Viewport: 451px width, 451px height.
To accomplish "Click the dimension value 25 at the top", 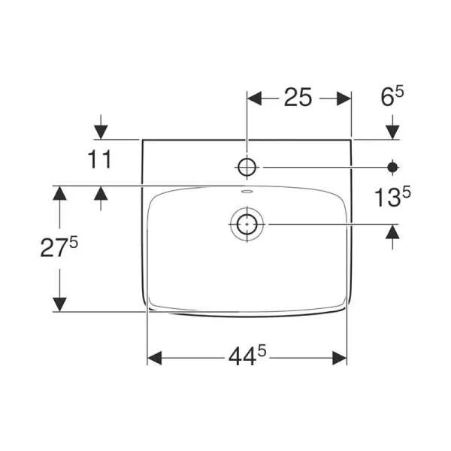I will pyautogui.click(x=298, y=98).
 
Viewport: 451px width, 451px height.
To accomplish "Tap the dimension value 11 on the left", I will pyautogui.click(x=99, y=159).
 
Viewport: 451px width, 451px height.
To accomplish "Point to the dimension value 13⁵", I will pyautogui.click(x=392, y=198).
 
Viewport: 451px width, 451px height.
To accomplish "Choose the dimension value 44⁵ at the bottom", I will pyautogui.click(x=247, y=358).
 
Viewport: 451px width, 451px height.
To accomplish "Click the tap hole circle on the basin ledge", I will pyautogui.click(x=247, y=167).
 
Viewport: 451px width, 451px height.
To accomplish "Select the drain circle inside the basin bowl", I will pyautogui.click(x=247, y=223).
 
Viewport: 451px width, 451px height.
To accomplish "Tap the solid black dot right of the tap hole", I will pyautogui.click(x=392, y=167).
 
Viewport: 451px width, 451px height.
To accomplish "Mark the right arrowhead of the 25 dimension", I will pyautogui.click(x=345, y=98).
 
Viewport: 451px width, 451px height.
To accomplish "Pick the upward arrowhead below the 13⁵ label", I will pyautogui.click(x=392, y=232).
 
